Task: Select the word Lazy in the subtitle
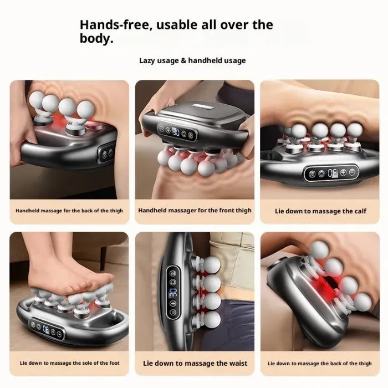coord(148,60)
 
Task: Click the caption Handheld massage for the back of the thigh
coord(69,211)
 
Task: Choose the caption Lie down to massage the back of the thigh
coord(320,364)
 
